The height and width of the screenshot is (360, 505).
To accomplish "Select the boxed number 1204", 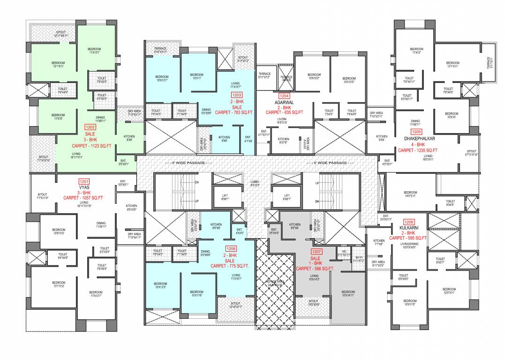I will click(284, 96).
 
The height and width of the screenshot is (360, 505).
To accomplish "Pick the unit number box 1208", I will click(230, 248).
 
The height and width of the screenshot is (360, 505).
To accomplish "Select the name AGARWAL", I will click(284, 102).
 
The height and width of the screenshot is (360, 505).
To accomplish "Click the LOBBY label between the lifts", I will click(255, 183).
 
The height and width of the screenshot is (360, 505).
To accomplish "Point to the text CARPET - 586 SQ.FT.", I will click(315, 269).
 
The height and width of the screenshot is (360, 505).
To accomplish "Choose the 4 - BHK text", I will click(417, 144).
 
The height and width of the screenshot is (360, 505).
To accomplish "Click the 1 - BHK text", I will click(316, 263).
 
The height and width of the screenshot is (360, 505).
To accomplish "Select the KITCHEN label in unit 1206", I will click(379, 241).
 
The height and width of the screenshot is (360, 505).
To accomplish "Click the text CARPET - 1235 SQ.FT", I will click(417, 150).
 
